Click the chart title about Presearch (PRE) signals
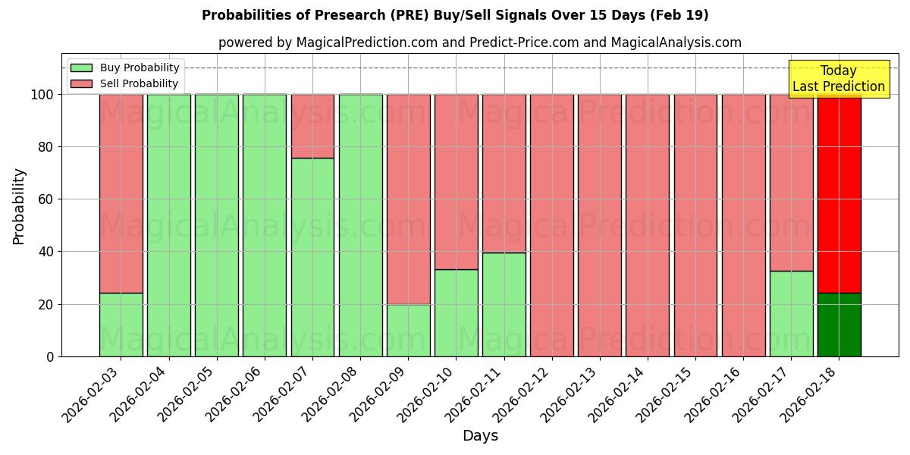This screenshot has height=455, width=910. coord(455,15)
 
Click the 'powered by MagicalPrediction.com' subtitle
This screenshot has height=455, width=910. coord(479,43)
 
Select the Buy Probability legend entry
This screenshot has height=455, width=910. coord(125,67)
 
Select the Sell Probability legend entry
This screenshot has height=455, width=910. coord(125,83)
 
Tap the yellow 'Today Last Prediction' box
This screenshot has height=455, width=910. coord(838,79)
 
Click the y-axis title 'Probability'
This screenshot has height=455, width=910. coord(19,206)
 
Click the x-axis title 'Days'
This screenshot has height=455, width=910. coord(480,436)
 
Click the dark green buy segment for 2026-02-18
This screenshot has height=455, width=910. coord(839,325)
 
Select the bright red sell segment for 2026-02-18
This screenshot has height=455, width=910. coord(839,193)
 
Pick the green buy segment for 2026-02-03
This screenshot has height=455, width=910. coord(121,325)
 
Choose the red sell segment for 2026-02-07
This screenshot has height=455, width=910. coord(312,126)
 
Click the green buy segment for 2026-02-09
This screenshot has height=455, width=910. coord(409,330)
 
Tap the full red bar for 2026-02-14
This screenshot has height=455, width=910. coord(648,225)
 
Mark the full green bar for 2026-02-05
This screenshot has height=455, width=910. coord(217,225)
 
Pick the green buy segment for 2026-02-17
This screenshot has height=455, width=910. coord(791,313)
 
